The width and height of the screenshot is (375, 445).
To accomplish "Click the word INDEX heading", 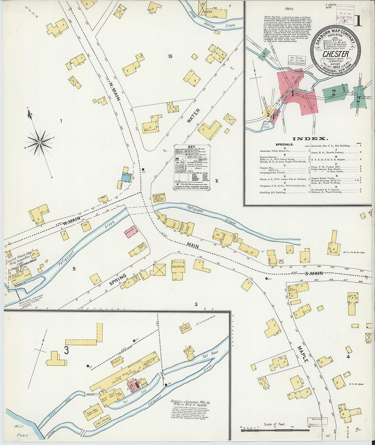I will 310,138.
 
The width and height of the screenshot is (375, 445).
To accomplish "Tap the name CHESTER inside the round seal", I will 335,54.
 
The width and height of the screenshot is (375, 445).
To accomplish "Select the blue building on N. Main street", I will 126,177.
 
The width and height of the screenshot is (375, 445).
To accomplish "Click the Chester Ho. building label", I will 178,266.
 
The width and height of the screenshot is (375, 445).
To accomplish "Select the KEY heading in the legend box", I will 192,147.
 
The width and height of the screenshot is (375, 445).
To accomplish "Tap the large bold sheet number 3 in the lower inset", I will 66,350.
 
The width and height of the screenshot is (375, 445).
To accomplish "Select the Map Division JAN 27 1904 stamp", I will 297,60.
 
